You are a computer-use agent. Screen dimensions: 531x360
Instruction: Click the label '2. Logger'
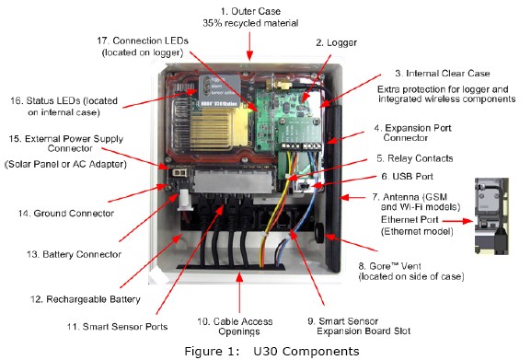point(336,42)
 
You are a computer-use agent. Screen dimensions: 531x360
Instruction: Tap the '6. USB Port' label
point(407,176)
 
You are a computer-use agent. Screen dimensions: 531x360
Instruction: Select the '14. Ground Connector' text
point(66,214)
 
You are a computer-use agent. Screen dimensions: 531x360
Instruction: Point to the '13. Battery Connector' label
point(74,254)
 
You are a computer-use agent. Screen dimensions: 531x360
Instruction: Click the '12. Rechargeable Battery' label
point(85,299)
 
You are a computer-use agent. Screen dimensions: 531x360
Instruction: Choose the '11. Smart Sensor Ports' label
point(117,327)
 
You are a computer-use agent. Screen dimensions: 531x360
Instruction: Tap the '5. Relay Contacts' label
point(414,158)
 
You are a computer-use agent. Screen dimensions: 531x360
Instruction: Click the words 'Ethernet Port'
point(410,220)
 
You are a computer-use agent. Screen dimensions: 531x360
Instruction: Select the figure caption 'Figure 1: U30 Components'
point(271,351)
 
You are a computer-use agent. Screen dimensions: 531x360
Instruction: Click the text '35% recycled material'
point(250,23)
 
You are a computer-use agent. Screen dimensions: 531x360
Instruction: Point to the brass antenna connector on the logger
point(280,84)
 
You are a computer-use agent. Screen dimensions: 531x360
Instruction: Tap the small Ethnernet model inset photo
point(491,216)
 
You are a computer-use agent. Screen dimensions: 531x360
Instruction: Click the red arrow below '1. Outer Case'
point(250,46)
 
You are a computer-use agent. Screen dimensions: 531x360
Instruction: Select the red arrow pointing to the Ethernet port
point(457,221)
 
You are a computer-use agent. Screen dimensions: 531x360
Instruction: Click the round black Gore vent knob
point(319,233)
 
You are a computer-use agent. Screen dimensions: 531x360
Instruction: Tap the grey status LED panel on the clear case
point(219,91)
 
